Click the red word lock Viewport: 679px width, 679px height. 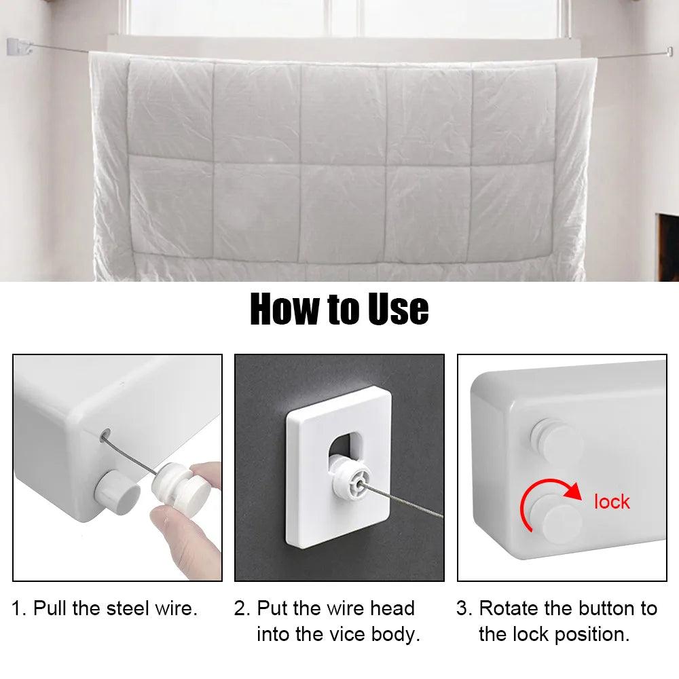click(x=612, y=502)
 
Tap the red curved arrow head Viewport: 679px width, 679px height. click(x=573, y=492)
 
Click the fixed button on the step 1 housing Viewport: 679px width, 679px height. click(x=117, y=491)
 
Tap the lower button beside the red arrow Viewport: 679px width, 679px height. click(x=559, y=521)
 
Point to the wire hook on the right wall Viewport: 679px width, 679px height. click(x=669, y=52)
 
